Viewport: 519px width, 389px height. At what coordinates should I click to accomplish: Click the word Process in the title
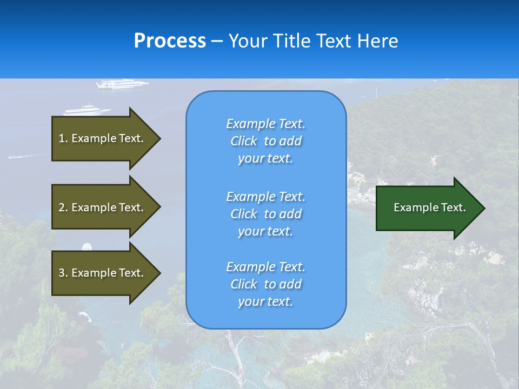(x=170, y=41)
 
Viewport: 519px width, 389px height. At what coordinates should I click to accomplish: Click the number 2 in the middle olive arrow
(x=62, y=207)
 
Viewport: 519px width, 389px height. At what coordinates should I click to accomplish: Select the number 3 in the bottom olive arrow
(x=62, y=273)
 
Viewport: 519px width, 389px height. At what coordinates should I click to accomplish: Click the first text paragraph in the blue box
(x=265, y=141)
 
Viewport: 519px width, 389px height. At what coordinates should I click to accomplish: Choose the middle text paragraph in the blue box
(x=265, y=214)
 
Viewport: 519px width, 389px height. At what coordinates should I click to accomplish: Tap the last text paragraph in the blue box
(x=265, y=284)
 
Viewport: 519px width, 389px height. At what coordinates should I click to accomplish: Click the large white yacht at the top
(x=122, y=83)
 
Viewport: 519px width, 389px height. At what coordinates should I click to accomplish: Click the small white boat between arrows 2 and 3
(x=86, y=247)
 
